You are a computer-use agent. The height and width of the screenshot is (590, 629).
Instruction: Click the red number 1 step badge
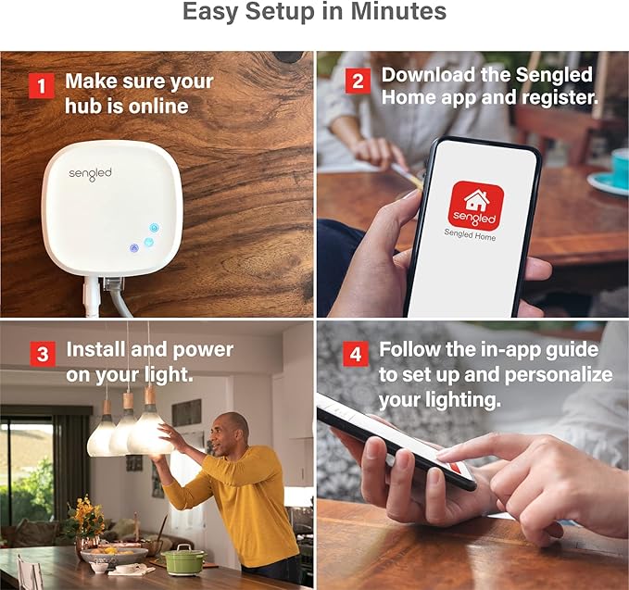click(x=42, y=85)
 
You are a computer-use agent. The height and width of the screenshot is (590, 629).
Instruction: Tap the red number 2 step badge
click(x=358, y=81)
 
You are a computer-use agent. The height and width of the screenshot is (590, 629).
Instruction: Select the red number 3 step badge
click(x=43, y=354)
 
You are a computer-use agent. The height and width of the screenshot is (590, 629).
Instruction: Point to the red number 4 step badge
click(x=356, y=355)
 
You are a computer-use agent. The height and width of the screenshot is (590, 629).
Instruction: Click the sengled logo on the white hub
click(x=90, y=174)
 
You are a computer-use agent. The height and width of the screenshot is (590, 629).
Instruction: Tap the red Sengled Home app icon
click(x=476, y=204)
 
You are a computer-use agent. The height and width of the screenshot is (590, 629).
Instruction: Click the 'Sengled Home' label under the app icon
click(x=470, y=234)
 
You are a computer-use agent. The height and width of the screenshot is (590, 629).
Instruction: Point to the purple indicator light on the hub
click(x=134, y=248)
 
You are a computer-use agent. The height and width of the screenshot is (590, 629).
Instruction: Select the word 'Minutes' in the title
click(x=398, y=12)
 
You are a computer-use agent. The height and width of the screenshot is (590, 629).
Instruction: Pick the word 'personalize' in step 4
click(x=559, y=375)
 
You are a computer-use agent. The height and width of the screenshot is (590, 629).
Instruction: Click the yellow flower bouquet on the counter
click(x=85, y=518)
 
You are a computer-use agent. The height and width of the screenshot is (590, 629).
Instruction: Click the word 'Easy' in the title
click(x=210, y=12)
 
